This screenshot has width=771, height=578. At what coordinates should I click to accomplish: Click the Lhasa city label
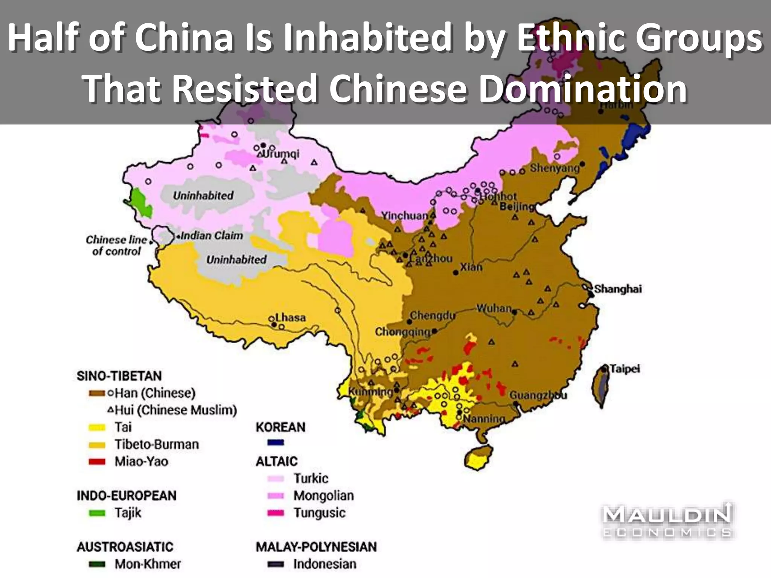click(291, 318)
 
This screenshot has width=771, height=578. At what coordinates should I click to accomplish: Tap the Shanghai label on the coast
click(618, 289)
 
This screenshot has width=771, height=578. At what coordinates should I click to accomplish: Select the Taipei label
click(625, 368)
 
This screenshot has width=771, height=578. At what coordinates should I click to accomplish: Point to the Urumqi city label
click(280, 154)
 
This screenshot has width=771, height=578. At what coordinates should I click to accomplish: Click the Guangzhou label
click(538, 395)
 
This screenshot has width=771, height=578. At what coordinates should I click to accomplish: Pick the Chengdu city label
click(433, 315)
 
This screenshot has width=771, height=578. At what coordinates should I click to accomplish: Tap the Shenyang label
click(555, 168)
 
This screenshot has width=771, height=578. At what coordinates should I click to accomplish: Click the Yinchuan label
click(405, 216)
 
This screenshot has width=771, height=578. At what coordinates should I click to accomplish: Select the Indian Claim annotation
click(212, 236)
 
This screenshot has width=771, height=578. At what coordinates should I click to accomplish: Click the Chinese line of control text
click(116, 245)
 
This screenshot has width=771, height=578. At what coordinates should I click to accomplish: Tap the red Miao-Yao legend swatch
click(97, 462)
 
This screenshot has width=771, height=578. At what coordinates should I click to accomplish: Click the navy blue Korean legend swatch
click(276, 443)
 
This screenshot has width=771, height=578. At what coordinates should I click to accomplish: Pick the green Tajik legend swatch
click(97, 513)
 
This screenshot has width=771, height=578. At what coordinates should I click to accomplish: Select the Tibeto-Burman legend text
click(157, 444)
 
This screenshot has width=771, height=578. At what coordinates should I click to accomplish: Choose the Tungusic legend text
click(319, 513)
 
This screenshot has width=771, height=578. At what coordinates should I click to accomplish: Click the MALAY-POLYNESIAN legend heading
click(316, 547)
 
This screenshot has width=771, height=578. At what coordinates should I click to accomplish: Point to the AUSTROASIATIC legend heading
click(125, 547)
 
